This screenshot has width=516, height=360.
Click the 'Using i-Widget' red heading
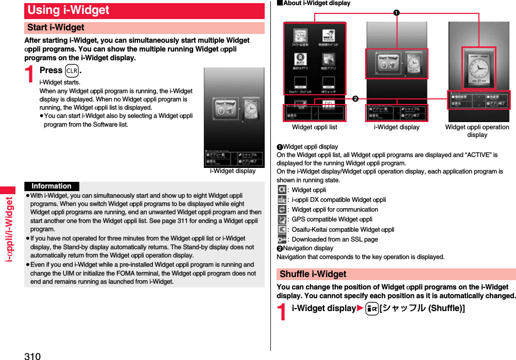coord(68,10)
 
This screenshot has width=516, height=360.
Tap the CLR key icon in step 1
coord(72,71)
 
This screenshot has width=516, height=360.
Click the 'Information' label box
coord(51,186)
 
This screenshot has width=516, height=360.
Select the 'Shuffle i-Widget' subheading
coord(313,275)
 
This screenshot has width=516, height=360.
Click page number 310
coord(32,355)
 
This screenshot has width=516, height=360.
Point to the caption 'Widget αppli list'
coord(314,127)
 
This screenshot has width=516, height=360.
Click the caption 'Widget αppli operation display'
coord(477,131)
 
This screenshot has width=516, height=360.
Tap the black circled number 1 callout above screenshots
coord(397,12)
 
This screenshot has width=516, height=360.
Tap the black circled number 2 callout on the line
coord(355,98)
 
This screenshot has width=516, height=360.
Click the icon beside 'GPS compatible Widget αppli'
coord(282,219)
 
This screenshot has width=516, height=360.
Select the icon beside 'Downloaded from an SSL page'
coord(282,239)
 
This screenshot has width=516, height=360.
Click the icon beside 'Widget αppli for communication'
coord(282,210)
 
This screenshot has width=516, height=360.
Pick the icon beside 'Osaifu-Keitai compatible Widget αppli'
coord(282,230)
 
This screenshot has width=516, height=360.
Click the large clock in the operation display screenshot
coord(478,66)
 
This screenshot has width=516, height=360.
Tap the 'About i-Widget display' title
coord(314,3)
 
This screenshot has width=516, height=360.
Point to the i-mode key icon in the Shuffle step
coord(372,308)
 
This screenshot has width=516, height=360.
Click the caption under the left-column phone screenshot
coord(232,172)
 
